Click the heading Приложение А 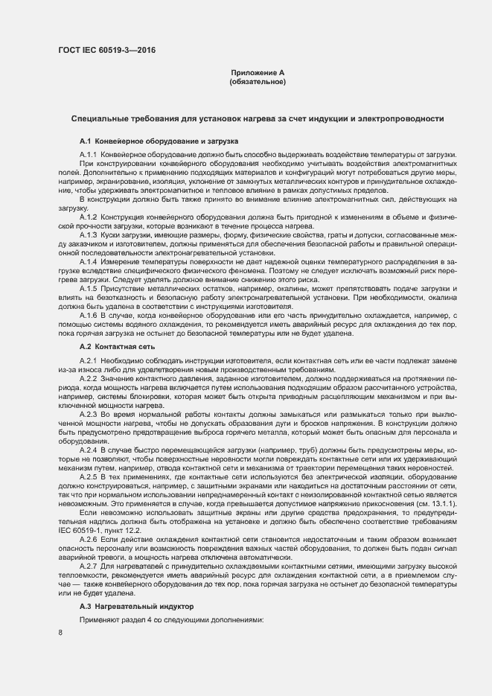258,72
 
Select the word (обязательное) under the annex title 258,82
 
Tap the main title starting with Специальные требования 258,118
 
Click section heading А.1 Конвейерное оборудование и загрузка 159,141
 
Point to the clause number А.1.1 88,154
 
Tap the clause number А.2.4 88,450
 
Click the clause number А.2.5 88,476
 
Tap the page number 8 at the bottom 60,633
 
